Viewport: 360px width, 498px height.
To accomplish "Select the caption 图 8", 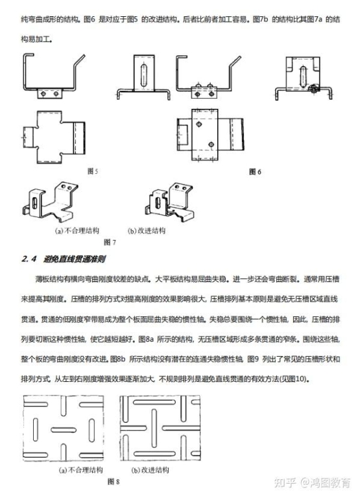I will tap(114, 482).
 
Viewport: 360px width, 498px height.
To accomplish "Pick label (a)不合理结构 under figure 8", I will tap(82, 469).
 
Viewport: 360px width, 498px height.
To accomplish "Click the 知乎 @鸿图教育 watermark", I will tap(316, 482).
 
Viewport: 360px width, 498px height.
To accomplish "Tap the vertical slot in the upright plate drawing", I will tap(144, 69).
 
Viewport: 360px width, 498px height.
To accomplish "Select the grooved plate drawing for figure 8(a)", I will tap(75, 429).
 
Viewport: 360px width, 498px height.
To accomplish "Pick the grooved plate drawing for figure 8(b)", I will tap(160, 429).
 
